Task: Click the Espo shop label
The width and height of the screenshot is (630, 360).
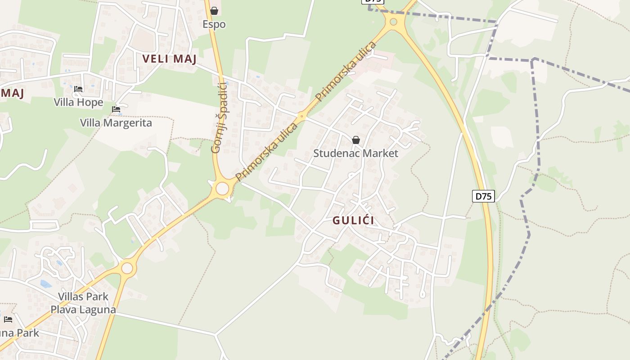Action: pos(214,24)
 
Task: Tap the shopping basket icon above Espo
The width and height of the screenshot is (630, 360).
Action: pos(214,11)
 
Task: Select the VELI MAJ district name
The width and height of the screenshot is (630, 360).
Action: pos(170,59)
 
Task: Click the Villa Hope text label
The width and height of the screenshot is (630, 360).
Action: pos(78,103)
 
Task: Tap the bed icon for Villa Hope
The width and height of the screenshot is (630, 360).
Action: pos(78,89)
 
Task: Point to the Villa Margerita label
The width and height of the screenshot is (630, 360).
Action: pos(116,123)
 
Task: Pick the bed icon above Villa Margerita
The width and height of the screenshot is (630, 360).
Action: pos(116,109)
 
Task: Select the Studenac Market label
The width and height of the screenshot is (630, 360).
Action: pos(355,153)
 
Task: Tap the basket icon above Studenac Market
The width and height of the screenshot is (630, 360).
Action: pos(356,140)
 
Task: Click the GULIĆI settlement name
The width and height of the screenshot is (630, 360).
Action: pos(353,220)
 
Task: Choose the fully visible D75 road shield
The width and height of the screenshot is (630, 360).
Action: pos(483,196)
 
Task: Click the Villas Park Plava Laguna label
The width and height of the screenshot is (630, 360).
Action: pos(83,303)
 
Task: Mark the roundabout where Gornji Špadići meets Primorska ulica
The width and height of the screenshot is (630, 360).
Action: pos(222,189)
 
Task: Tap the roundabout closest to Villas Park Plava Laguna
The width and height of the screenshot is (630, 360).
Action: pos(127,268)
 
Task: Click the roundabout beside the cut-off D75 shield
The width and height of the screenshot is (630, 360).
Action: pos(394,21)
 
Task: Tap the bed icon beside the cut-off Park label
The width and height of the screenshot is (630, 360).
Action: pos(8,319)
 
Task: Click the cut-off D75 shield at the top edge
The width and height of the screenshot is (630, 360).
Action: pos(373,1)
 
